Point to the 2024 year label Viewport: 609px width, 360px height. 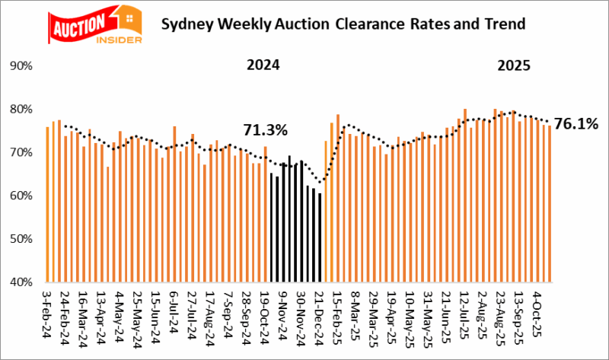click(263, 65)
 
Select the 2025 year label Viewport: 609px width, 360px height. click(515, 65)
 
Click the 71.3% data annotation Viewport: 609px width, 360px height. click(265, 130)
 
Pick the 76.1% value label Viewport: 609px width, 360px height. click(576, 123)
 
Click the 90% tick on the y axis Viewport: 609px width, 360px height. click(20, 66)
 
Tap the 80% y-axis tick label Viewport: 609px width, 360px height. click(20, 110)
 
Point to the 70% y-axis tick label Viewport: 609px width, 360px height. click(20, 153)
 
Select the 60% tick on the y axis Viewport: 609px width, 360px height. click(20, 196)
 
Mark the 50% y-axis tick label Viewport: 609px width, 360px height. click(20, 239)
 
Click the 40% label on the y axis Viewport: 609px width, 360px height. click(20, 282)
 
